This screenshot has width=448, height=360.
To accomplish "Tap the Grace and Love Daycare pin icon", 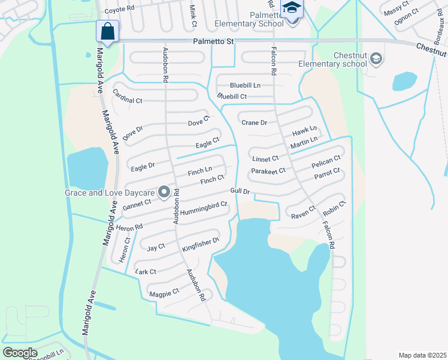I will point(164,193).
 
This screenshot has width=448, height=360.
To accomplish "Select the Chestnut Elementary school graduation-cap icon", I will point(376,58).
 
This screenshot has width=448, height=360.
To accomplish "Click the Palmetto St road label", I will point(213,41).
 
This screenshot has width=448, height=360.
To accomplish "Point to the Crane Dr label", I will point(254,123).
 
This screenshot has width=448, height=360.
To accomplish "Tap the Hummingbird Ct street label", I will point(204,208).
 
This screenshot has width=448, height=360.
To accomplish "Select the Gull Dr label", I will point(240,191).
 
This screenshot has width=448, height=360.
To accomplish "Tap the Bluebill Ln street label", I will point(246,86).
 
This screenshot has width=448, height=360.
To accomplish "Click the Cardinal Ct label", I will point(128,100).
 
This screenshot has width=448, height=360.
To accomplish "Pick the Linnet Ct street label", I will point(265,159).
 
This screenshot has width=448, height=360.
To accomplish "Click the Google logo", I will point(20,352).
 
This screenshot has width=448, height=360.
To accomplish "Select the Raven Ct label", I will point(303,213).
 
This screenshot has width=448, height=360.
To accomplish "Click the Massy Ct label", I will point(396,10).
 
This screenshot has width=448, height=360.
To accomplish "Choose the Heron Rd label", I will point(130,227).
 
